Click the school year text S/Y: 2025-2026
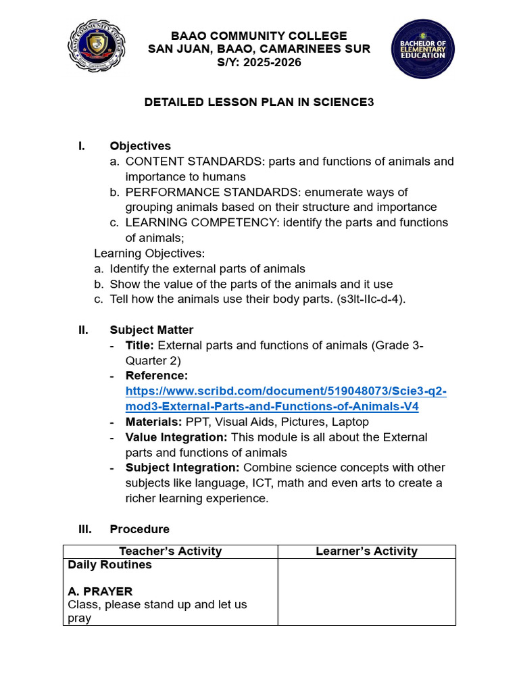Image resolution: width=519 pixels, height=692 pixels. pos(259,63)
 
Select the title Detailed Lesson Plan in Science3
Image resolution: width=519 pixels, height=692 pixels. pos(259,102)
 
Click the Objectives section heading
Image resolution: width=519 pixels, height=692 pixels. pos(140,146)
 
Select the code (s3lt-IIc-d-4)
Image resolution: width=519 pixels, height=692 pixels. pos(371,299)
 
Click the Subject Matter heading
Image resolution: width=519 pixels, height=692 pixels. pos(151,330)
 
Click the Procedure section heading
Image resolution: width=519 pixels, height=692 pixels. pos(139,529)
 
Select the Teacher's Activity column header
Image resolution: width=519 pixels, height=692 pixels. pos(170,551)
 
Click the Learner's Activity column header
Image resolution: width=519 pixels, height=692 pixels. pos(366,551)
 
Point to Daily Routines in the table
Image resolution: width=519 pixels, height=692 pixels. pos(109,565)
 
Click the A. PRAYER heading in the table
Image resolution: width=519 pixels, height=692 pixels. pos(100,591)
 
